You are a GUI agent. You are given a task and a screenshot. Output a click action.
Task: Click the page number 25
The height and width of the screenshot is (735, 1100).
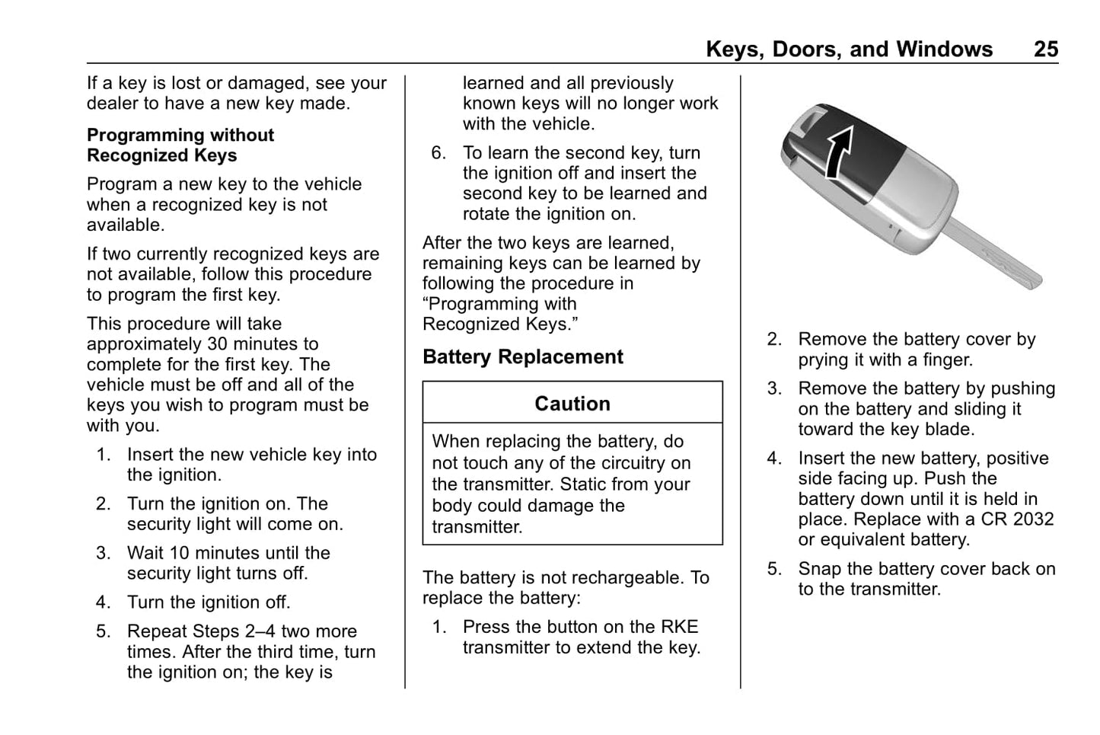click(x=1045, y=50)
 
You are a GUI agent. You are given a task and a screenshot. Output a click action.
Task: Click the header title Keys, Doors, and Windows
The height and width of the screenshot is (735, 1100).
click(x=849, y=50)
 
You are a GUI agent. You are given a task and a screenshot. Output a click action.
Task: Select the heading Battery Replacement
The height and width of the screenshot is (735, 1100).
click(x=523, y=357)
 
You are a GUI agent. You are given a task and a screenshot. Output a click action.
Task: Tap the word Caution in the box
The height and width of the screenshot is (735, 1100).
click(x=572, y=404)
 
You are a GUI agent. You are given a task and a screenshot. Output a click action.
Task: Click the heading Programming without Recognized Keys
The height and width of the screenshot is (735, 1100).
click(x=180, y=145)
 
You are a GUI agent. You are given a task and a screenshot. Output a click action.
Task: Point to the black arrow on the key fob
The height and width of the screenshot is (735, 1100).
click(x=838, y=150)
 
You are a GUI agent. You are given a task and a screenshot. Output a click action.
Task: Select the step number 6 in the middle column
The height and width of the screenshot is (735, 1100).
click(x=438, y=153)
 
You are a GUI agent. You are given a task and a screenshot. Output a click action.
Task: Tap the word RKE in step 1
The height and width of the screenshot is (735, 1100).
click(x=679, y=627)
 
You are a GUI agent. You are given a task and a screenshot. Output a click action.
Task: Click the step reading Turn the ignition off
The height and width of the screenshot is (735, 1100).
click(x=209, y=602)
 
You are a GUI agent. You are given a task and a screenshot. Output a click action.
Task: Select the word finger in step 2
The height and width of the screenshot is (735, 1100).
click(x=947, y=360)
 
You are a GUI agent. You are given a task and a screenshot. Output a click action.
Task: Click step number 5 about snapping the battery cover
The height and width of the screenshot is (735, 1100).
click(x=774, y=570)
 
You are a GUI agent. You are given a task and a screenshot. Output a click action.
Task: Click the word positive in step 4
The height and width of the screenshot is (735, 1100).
click(x=1016, y=459)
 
